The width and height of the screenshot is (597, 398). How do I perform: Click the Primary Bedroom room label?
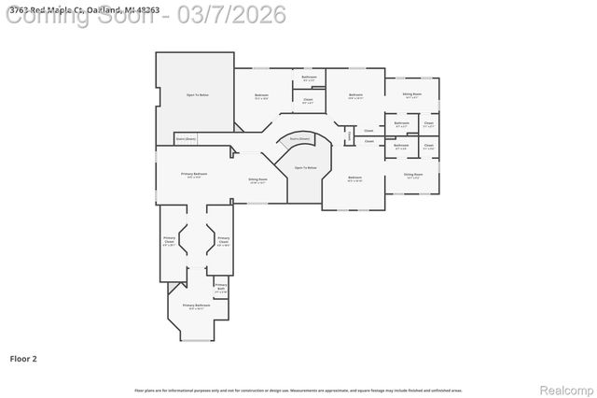194,174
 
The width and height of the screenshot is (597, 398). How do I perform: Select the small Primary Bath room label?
221,286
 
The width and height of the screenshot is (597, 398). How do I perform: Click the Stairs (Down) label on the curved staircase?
298,138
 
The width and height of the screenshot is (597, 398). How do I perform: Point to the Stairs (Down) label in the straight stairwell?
186,138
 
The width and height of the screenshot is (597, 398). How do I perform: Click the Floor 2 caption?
23,358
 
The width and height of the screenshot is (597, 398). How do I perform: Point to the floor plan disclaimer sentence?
298,391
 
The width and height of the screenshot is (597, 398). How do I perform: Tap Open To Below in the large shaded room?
197,94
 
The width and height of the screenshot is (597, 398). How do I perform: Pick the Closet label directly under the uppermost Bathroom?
308,100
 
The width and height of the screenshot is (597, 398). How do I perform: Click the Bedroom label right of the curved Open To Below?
354,178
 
